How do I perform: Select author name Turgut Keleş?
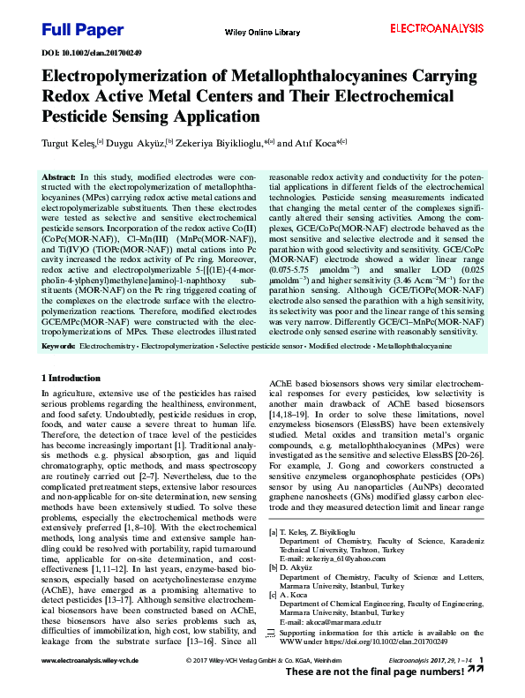pos(70,142)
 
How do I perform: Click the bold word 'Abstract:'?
pos(59,177)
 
